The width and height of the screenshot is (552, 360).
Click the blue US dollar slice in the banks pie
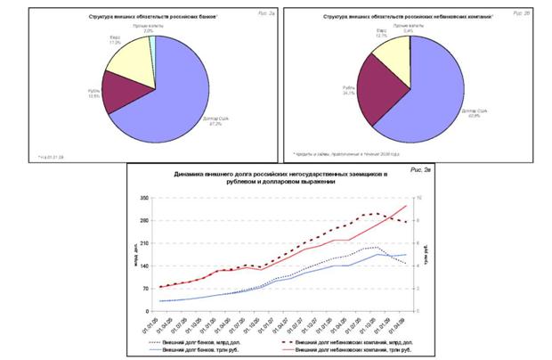191,89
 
